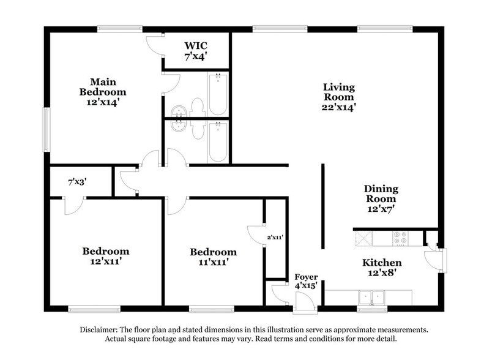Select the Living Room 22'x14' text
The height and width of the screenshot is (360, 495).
click(x=339, y=97)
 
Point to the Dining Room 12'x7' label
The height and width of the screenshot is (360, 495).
click(x=381, y=198)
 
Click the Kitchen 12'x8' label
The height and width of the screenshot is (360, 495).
click(x=382, y=268)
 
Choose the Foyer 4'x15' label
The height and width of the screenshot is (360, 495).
click(x=306, y=282)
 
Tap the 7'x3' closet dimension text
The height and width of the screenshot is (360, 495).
click(x=77, y=182)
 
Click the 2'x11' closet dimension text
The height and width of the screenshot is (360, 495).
click(x=275, y=237)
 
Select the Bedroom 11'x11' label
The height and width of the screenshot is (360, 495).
click(x=213, y=257)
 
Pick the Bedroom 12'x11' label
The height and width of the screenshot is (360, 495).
click(x=106, y=257)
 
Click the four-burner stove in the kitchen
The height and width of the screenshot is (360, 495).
click(x=401, y=237)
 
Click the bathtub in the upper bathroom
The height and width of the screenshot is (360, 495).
click(x=218, y=94)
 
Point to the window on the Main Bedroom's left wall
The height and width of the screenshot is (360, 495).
click(x=46, y=130)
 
